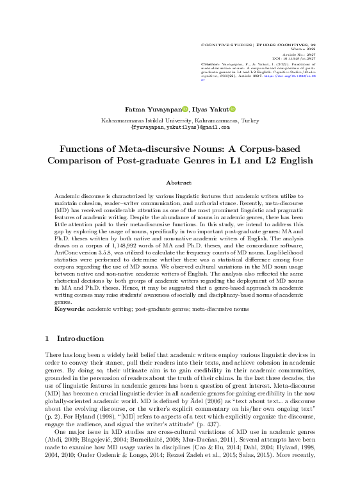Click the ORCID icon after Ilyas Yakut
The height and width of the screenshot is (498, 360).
click(233, 110)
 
